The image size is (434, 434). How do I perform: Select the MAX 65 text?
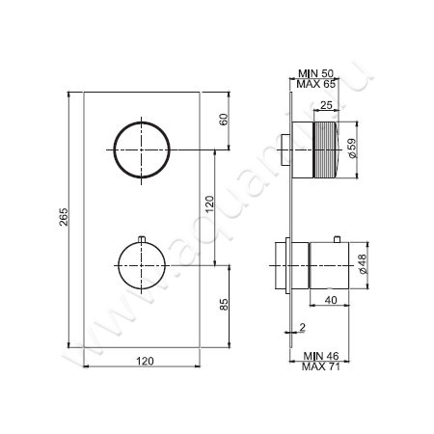[x=317, y=85]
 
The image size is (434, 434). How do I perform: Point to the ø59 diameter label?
[x=353, y=149]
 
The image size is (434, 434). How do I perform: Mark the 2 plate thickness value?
[x=302, y=328]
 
